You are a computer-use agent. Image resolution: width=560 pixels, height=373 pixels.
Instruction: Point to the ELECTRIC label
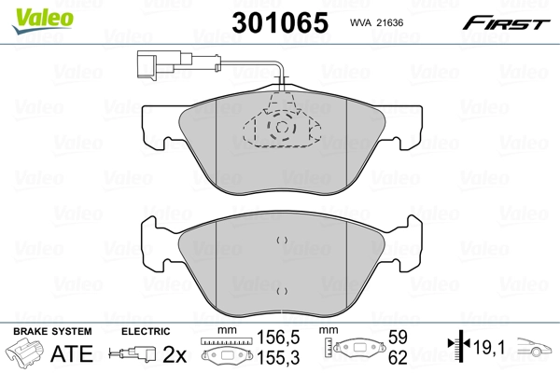pos(146,331)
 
